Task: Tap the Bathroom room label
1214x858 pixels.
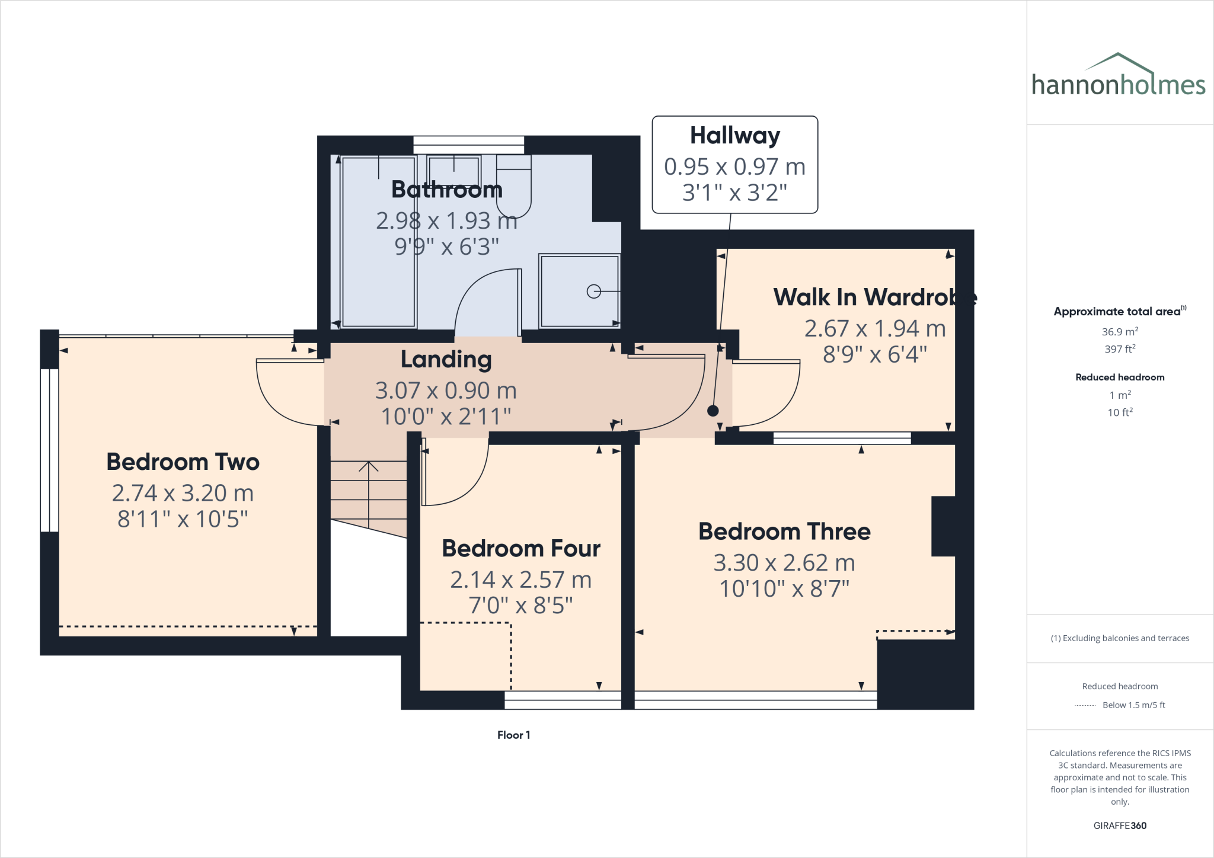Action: click(447, 190)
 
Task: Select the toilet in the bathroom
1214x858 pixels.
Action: click(513, 187)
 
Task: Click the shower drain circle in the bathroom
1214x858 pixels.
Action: click(593, 292)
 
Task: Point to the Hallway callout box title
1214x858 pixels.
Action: click(734, 136)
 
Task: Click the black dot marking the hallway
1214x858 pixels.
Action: click(713, 411)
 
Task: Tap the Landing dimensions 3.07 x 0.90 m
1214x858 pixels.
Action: click(446, 390)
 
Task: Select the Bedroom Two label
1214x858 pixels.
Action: click(183, 462)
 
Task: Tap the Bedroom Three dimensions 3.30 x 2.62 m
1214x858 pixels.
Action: click(784, 562)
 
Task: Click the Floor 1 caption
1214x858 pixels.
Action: click(513, 735)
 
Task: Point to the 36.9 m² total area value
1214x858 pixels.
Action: click(1120, 332)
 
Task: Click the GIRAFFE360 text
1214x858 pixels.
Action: click(1120, 825)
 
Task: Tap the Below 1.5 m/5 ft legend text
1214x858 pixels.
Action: click(1133, 705)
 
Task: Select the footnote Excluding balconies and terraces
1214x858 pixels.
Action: click(1120, 638)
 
